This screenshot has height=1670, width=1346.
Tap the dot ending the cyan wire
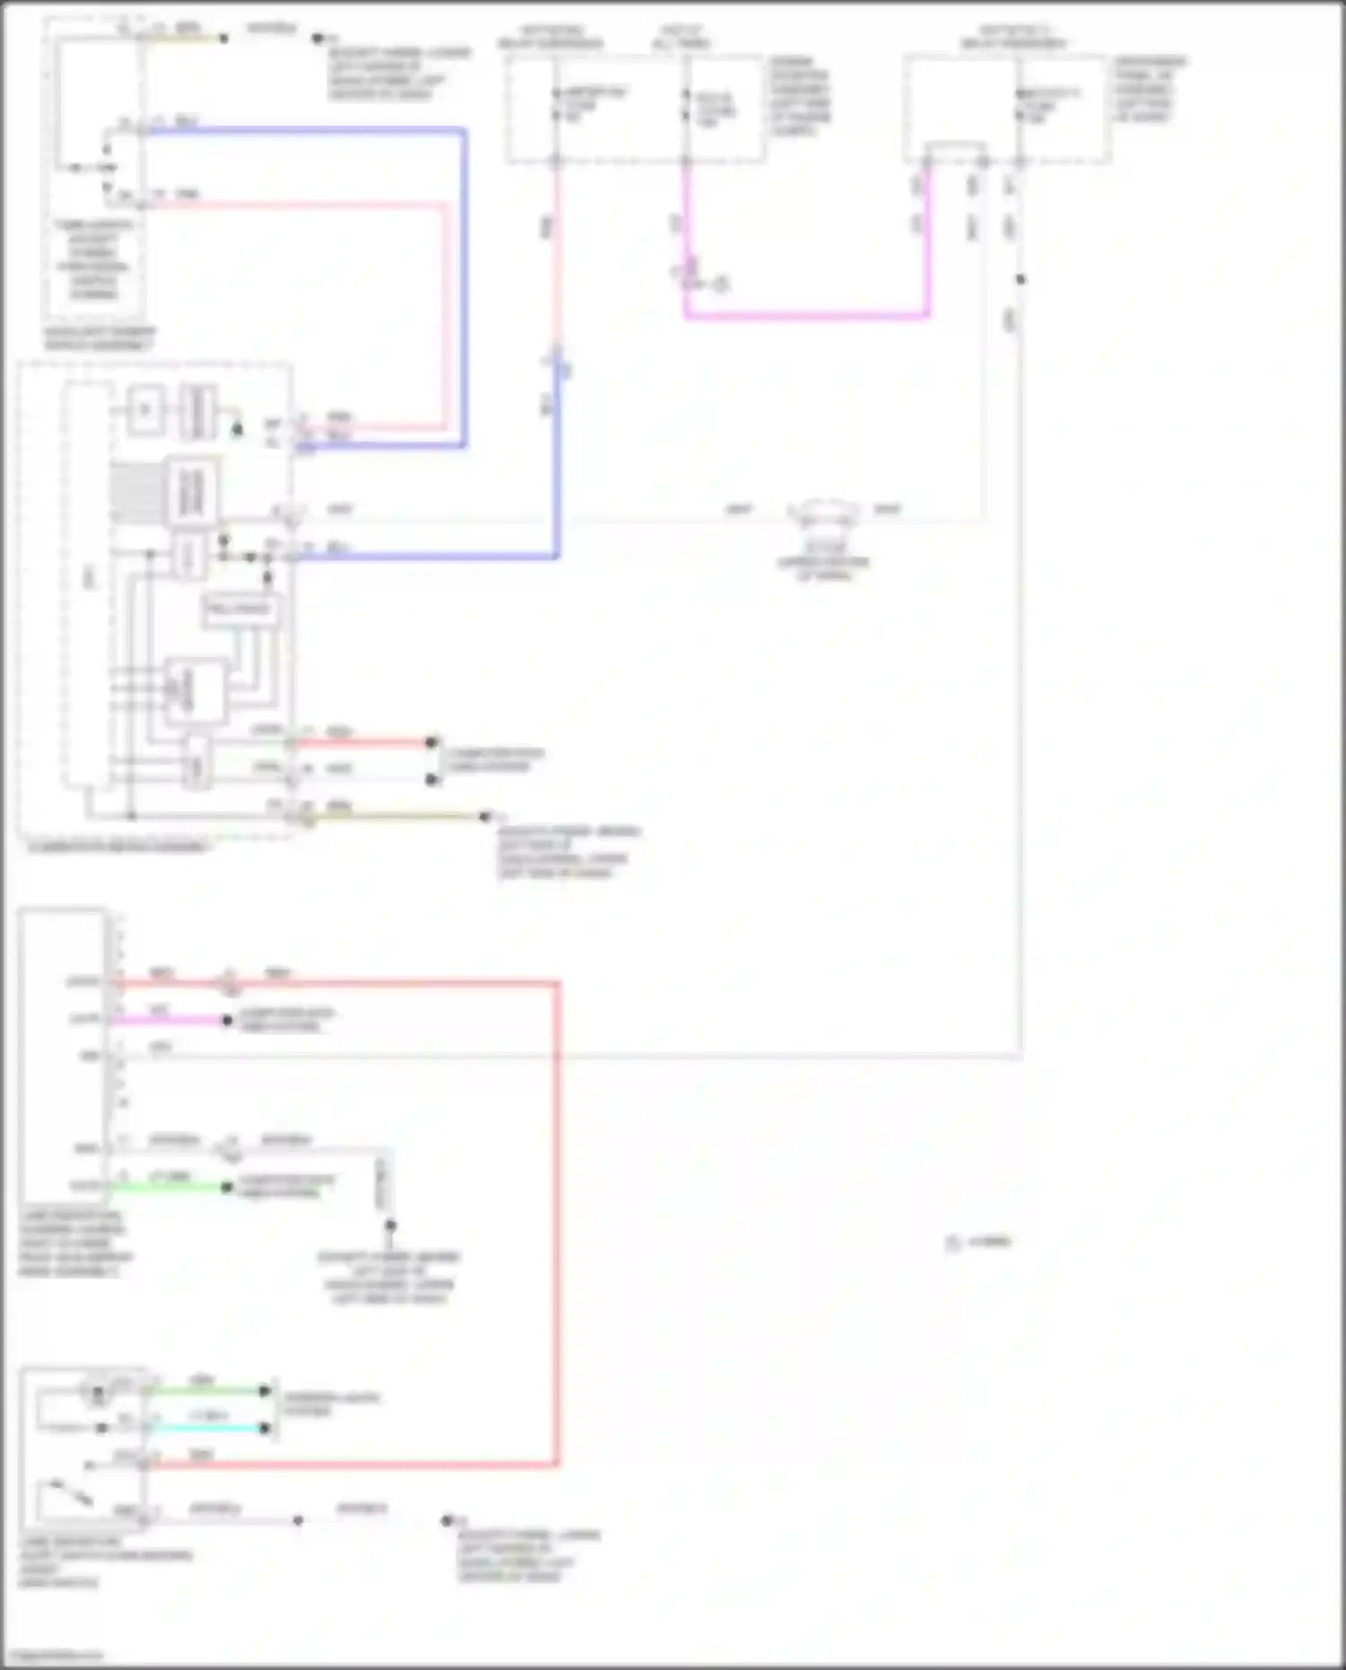[265, 1428]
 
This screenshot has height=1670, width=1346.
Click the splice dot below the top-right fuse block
[1020, 279]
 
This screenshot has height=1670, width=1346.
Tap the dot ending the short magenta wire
[227, 1020]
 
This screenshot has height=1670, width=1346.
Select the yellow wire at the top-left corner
[184, 39]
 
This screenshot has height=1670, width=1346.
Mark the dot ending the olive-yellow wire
[485, 817]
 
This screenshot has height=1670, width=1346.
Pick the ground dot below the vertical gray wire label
[389, 1225]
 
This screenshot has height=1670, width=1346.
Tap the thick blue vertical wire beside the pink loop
[464, 287]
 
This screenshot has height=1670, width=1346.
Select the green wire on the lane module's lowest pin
[170, 1186]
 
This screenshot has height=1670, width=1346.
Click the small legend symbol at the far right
[953, 1244]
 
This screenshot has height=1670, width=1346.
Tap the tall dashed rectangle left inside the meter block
[87, 583]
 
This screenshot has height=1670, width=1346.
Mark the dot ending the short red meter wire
[432, 743]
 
